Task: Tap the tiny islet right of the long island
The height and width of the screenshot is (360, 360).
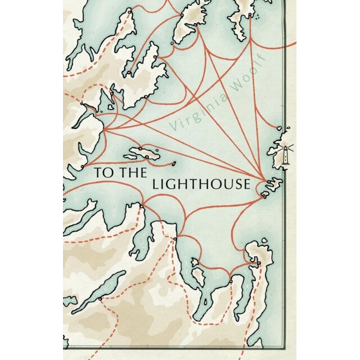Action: [173, 164]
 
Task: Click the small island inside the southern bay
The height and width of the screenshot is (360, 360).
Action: [199, 276]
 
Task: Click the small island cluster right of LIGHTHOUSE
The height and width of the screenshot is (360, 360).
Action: [272, 185]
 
